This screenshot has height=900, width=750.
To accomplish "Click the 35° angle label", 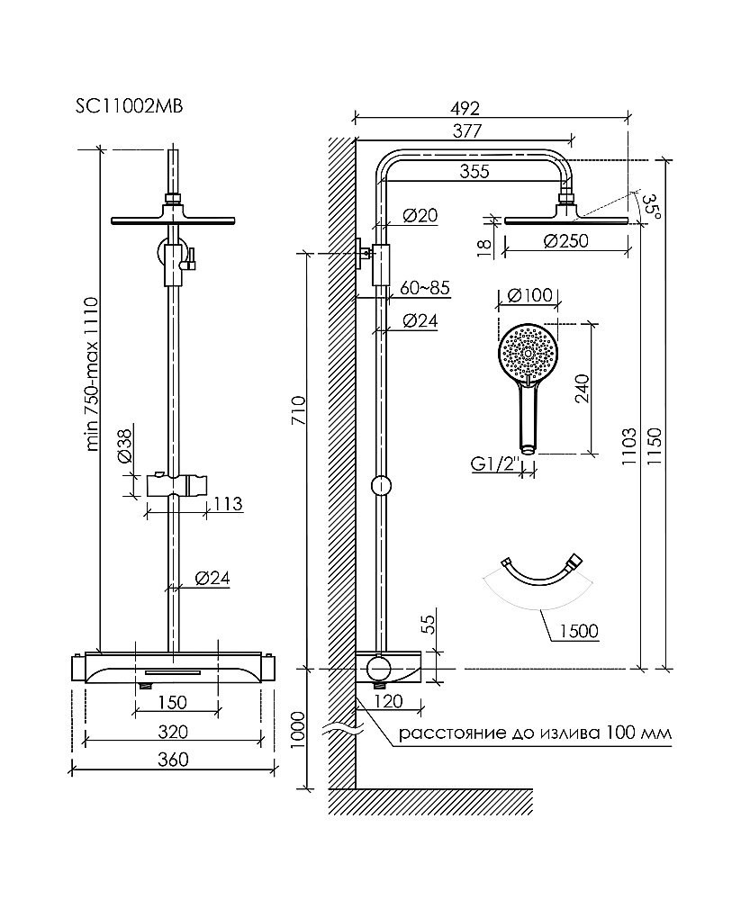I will pos(653,205).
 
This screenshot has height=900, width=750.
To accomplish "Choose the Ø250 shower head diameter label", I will pos(567,240).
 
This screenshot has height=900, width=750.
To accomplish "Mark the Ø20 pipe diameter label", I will pos(420,215).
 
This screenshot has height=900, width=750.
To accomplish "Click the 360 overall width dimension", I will pos(173,760).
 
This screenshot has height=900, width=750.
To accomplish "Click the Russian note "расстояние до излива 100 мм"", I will pos(535,733).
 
